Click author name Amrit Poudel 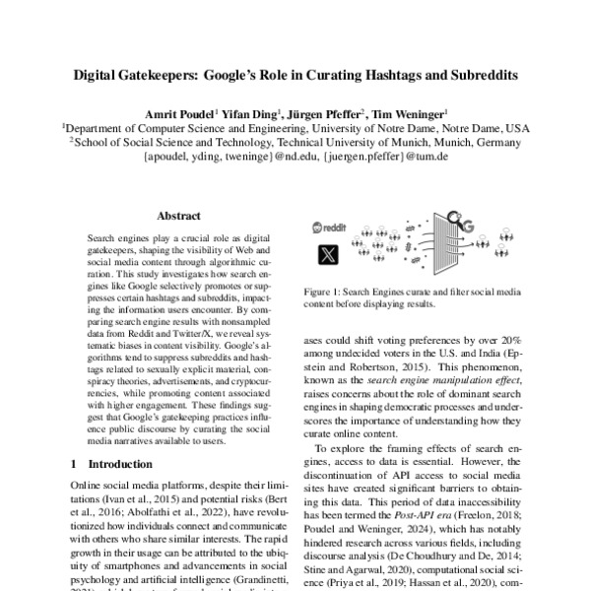coord(179,113)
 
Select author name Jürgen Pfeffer coord(317,113)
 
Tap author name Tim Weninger coord(409,113)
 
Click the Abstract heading coord(178,215)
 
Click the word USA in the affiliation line coord(516,128)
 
